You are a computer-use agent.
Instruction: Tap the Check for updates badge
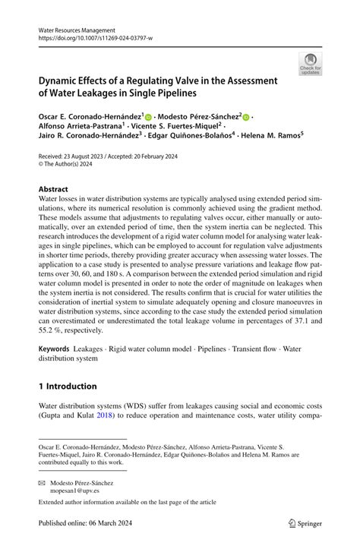click(x=310, y=64)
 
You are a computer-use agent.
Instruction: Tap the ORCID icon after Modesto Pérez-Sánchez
click(x=247, y=117)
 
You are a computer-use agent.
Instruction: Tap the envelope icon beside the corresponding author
click(x=44, y=483)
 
